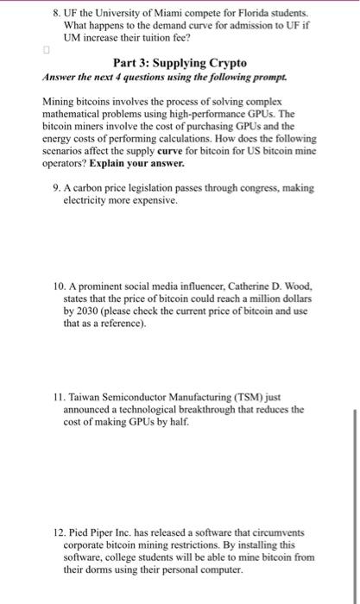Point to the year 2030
[84, 311]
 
